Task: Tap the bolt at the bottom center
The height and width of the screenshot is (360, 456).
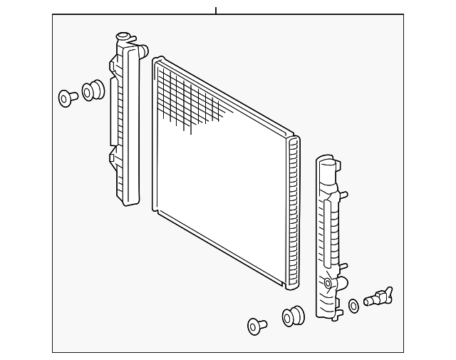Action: point(256,326)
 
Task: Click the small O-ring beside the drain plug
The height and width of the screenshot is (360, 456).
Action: point(354,307)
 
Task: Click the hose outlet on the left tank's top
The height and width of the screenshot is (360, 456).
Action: point(142,51)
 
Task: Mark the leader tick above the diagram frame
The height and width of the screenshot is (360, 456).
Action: point(215,10)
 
